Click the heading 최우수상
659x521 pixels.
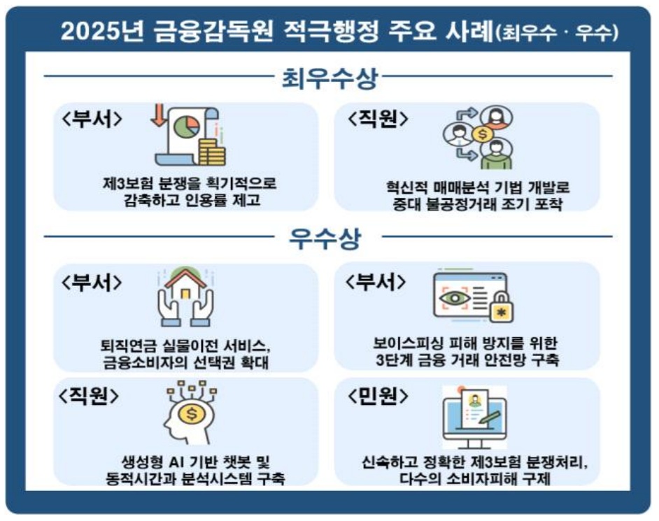coord(329,78)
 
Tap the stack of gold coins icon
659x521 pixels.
coord(211,150)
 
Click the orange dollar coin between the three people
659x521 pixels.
coord(483,134)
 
